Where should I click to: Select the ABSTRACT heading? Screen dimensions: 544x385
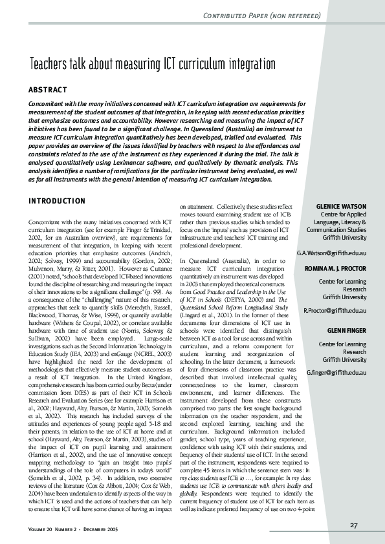coord(49,89)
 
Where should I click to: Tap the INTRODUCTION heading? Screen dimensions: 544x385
coord(58,202)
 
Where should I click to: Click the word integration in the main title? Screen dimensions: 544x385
coord(249,64)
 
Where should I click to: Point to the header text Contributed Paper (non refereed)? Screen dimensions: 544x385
coord(278,14)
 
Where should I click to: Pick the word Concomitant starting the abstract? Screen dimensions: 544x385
coord(50,103)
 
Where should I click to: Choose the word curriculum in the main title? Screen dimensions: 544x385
coord(200,64)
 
